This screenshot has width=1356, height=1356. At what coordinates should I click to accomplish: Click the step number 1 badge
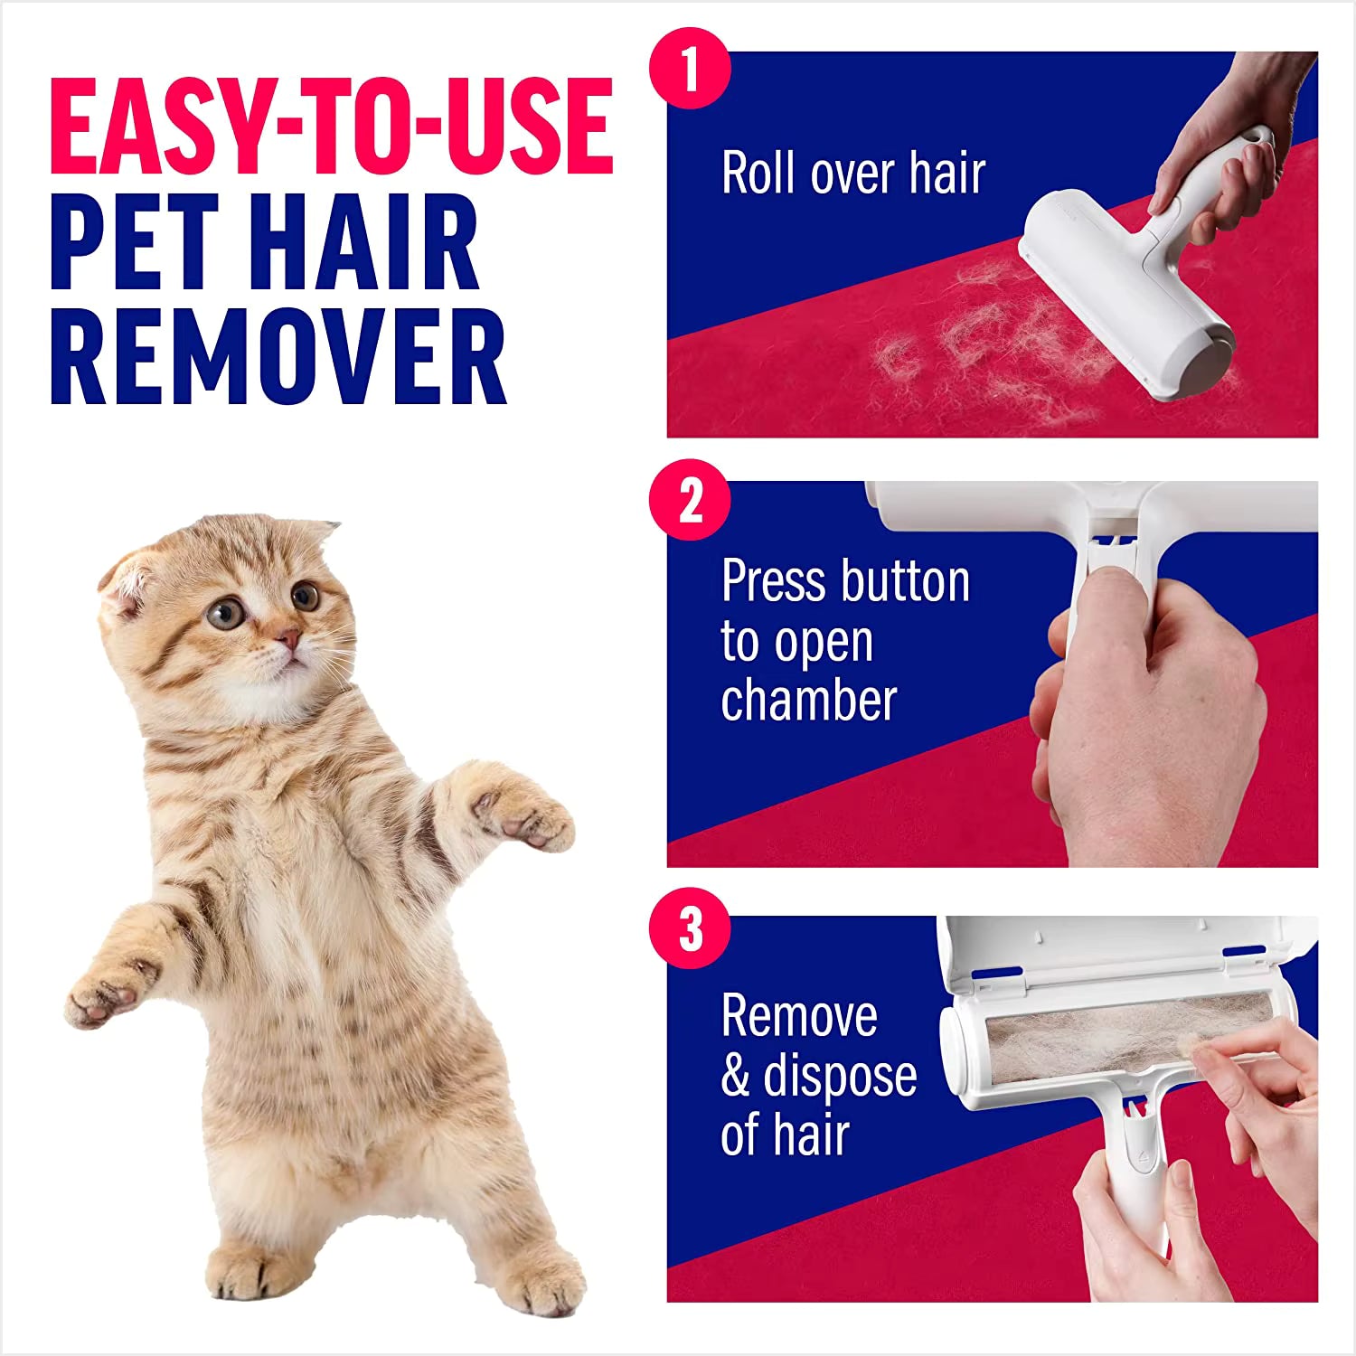tap(690, 69)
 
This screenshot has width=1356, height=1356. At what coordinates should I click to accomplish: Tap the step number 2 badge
tap(690, 500)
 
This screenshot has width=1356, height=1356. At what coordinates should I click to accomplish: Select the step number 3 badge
tap(690, 928)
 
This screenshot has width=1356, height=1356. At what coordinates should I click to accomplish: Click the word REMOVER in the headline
tap(278, 356)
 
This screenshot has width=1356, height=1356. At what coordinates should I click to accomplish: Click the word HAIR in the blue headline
tap(362, 241)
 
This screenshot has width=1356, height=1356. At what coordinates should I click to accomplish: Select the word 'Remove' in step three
tap(799, 1016)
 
